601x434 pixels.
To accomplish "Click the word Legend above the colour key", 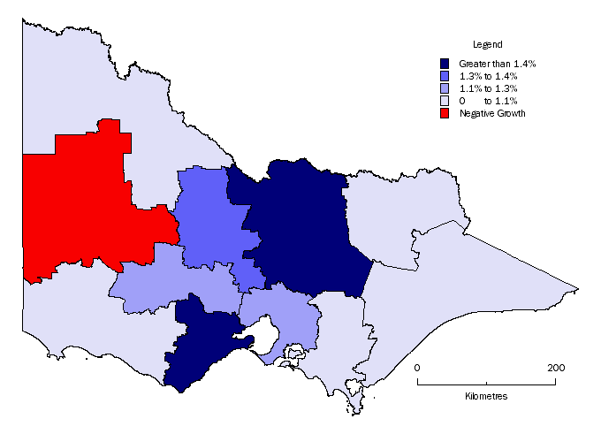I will click(487, 44).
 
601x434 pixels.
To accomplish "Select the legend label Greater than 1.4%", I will click(498, 64).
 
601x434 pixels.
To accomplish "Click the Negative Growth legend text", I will click(492, 113).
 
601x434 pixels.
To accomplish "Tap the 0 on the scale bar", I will click(418, 367).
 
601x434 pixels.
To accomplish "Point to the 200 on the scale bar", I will click(556, 367).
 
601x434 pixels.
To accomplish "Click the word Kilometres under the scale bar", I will click(486, 396).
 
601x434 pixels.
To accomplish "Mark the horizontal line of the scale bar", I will click(486, 384).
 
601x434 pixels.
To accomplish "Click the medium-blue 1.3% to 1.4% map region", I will click(212, 221).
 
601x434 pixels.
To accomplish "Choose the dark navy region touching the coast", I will click(199, 345).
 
